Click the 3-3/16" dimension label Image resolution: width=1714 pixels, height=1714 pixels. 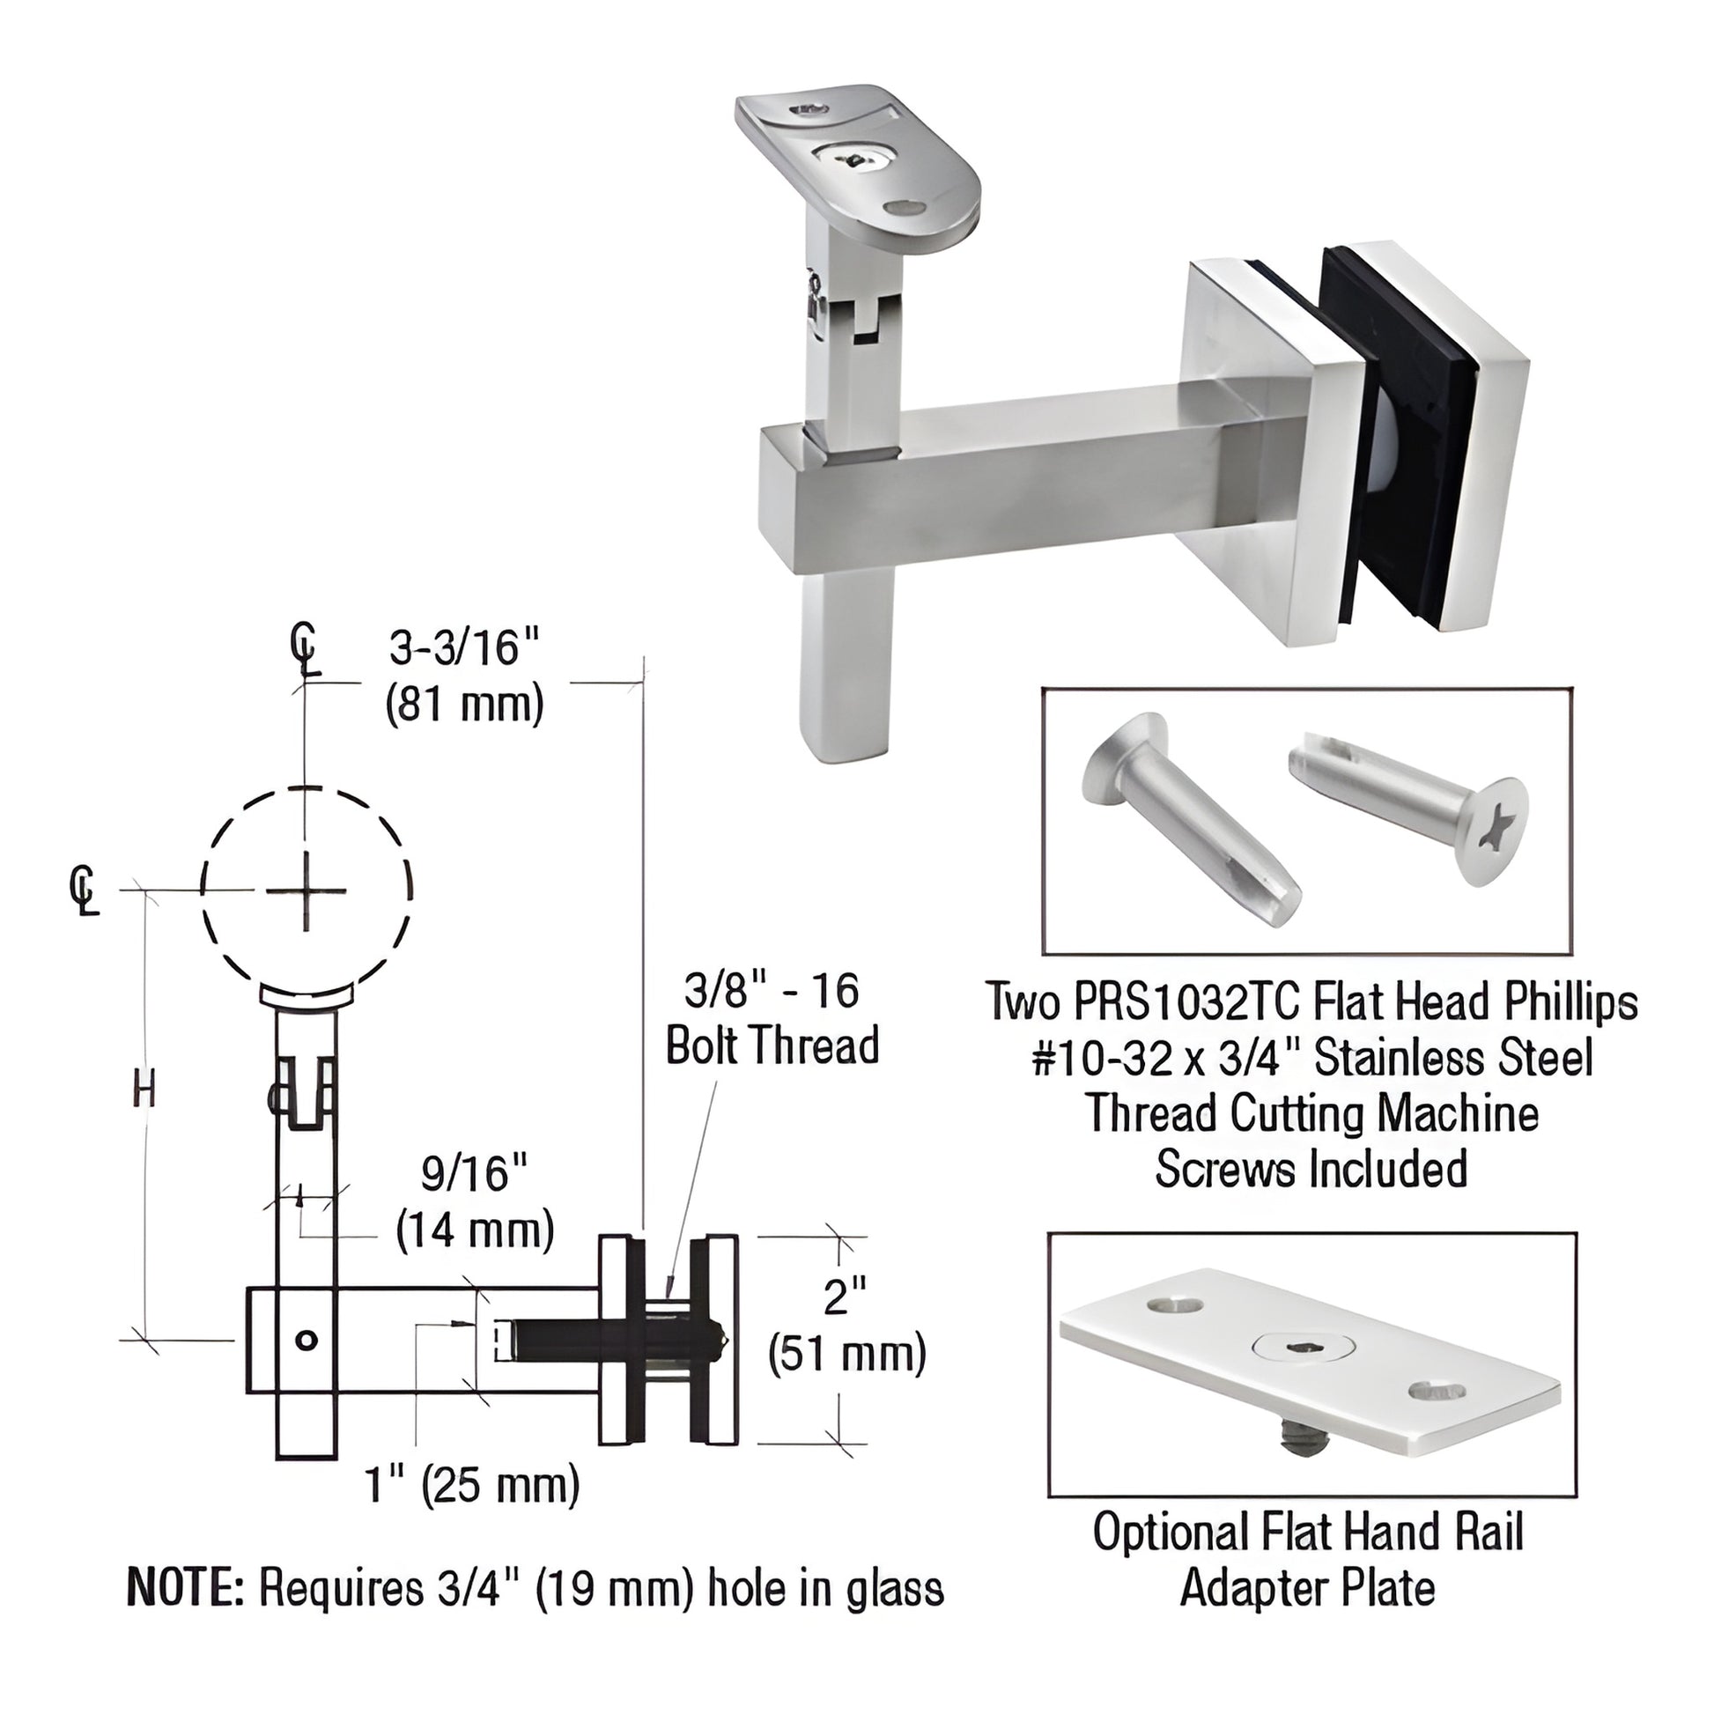(x=465, y=647)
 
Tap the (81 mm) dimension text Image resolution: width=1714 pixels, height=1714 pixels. (x=464, y=706)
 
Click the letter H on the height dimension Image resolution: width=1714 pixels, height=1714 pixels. (x=144, y=1089)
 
